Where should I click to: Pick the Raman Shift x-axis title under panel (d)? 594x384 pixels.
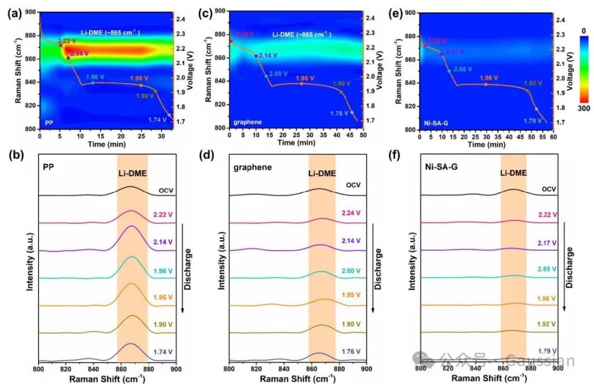click(298, 379)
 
